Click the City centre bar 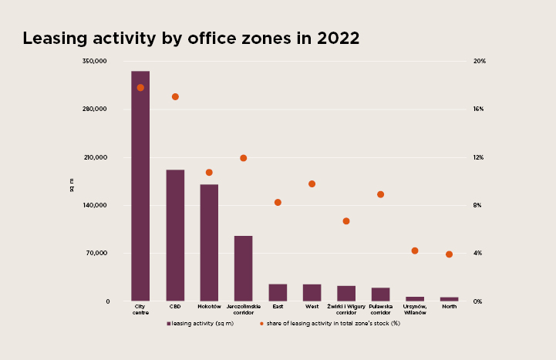coord(140,186)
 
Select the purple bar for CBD coord(175,235)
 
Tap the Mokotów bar coord(209,243)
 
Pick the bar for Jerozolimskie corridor coord(244,268)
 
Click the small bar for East coord(278,293)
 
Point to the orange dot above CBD coord(175,96)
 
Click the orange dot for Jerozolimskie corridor coord(243,158)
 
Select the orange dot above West coord(312,184)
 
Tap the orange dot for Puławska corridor coord(380,194)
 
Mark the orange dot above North coord(450,254)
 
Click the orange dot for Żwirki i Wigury coord(346,221)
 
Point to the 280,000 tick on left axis coord(95,109)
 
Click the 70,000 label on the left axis coord(96,253)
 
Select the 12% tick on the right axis coord(478,157)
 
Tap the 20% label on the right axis coord(480,61)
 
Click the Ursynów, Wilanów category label coord(415,309)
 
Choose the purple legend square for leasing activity coord(169,324)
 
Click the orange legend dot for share coord(261,324)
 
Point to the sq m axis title coord(72,185)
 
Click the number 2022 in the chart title coord(339,39)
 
